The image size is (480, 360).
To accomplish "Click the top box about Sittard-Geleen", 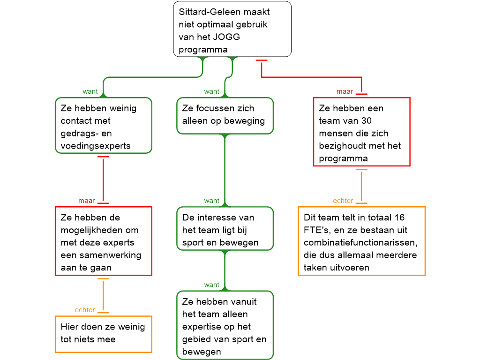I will [232, 29].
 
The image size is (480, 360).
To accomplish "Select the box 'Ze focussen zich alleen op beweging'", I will [225, 115].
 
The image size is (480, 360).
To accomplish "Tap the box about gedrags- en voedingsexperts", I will [103, 125].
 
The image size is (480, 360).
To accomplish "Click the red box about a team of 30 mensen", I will [361, 132].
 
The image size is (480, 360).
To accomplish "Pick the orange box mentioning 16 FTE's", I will [361, 241].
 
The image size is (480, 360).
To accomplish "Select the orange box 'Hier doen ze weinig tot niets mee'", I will [103, 334].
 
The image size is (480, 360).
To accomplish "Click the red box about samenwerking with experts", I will [103, 241].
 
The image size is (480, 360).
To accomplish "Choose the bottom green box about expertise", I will [225, 325].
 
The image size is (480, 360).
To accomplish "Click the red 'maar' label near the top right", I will [345, 91].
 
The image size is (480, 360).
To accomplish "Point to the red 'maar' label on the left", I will [87, 201].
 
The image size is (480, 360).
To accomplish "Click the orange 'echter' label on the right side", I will [343, 201].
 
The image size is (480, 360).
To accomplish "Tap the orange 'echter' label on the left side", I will [85, 310].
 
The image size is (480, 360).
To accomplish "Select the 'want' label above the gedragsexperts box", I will [90, 91].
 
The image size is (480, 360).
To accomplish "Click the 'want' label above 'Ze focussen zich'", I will [211, 91].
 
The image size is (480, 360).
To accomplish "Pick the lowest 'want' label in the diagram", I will [211, 285].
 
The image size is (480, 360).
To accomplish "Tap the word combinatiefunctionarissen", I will [360, 243].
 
